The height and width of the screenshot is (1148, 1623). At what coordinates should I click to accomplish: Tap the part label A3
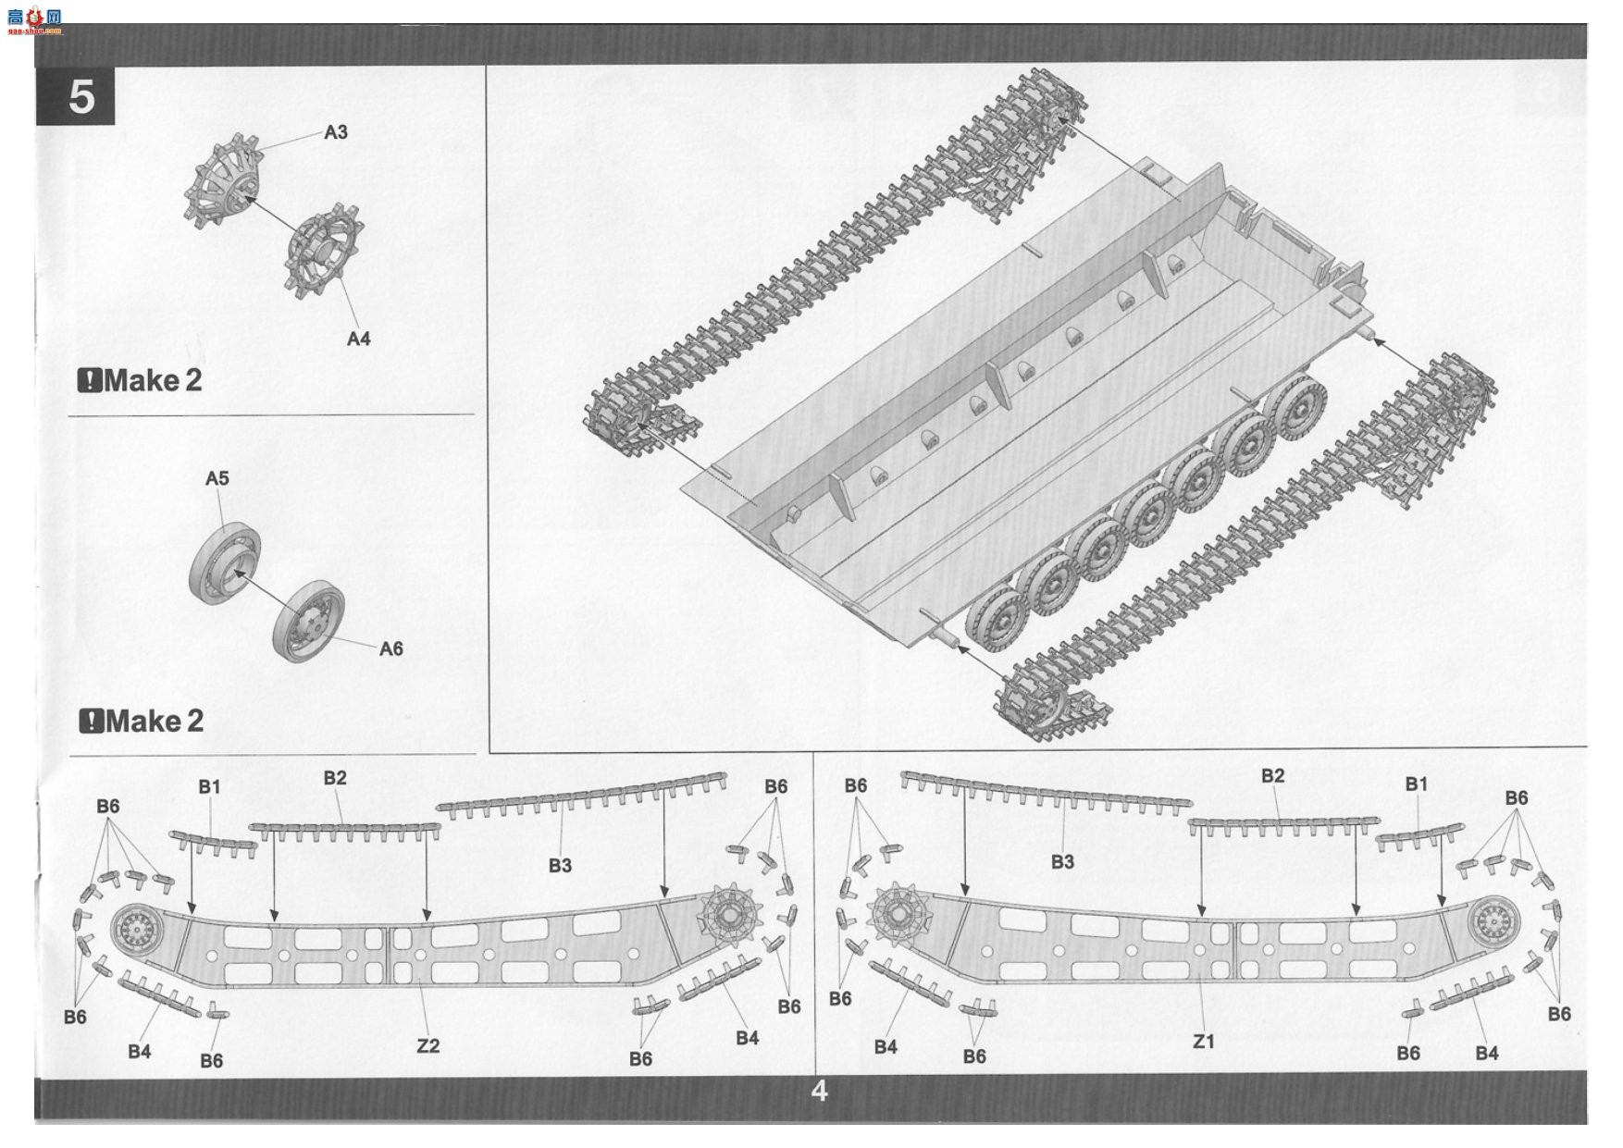(336, 132)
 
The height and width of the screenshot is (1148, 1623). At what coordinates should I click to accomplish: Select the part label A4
(358, 339)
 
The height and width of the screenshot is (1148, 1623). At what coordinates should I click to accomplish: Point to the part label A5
(217, 478)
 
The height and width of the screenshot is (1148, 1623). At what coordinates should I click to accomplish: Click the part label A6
(391, 648)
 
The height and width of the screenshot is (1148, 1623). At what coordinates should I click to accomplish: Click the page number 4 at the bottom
(819, 1092)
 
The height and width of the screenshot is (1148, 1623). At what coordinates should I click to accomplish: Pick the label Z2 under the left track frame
(427, 1045)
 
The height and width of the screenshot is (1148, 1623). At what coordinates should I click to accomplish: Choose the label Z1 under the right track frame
(1203, 1042)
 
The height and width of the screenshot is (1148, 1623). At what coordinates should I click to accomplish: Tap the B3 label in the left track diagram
(560, 865)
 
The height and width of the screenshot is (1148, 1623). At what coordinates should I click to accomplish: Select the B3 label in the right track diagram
(1062, 861)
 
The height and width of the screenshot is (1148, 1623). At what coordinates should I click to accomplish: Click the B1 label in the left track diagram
(210, 786)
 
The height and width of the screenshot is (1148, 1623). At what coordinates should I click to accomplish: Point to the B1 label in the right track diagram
(1417, 784)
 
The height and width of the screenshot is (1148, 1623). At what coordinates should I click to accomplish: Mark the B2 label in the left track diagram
(335, 778)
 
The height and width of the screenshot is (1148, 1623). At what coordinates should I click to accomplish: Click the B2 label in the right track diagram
(1273, 775)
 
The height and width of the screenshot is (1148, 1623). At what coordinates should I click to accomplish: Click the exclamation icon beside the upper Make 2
(89, 380)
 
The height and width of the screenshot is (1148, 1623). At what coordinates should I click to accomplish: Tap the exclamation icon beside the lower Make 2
(91, 721)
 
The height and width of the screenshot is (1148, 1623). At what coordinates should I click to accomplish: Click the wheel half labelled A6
(309, 621)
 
